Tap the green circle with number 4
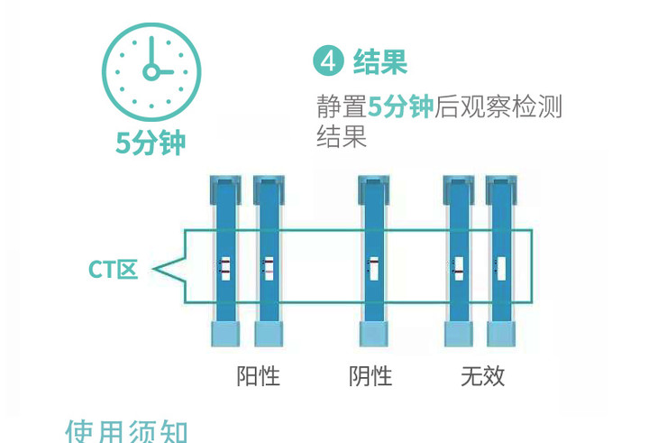[x=328, y=63]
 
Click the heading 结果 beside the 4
[x=380, y=62]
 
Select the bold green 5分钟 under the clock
[x=151, y=143]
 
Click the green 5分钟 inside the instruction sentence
[x=401, y=108]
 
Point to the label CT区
[x=113, y=269]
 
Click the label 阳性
[x=258, y=374]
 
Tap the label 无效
[x=482, y=374]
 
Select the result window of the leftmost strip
[x=226, y=268]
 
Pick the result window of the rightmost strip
[x=501, y=268]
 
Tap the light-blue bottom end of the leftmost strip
[x=226, y=333]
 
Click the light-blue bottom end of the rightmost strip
[x=501, y=333]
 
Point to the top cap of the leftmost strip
[x=226, y=189]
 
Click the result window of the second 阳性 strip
[x=269, y=268]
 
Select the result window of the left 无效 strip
[x=459, y=268]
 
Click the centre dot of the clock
[x=151, y=70]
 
